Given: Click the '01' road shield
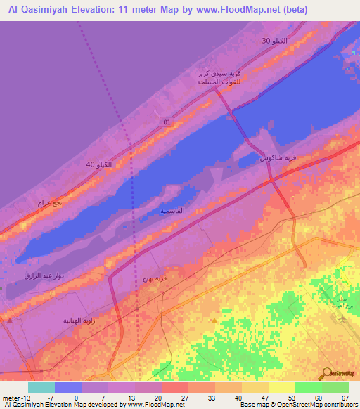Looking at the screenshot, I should coord(167,122).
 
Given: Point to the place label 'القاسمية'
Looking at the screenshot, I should coord(172,211).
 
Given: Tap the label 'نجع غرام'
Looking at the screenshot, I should coord(49,202).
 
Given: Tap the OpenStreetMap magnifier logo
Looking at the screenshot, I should coord(328,372).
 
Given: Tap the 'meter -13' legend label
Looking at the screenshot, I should coord(15,397).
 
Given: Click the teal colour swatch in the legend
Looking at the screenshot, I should coord(41,387).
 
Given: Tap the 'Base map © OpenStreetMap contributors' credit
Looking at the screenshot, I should coord(297,405).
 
